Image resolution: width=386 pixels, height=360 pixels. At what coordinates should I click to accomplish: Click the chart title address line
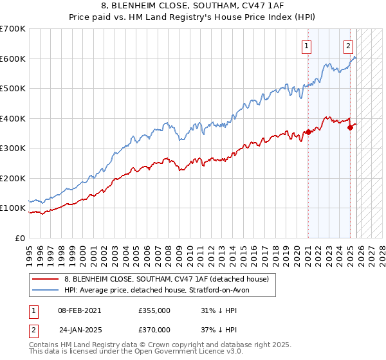[193, 6]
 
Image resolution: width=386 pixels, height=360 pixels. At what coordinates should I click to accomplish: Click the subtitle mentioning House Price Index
[193, 17]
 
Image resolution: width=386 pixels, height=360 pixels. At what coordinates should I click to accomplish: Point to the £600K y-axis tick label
[13, 59]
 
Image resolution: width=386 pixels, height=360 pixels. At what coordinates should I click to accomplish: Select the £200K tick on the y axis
[13, 178]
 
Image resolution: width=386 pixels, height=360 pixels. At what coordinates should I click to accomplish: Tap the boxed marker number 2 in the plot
[348, 46]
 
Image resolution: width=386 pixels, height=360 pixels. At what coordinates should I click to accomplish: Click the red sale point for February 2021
[308, 132]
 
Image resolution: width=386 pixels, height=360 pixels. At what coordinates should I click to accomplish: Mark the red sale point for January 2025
[351, 127]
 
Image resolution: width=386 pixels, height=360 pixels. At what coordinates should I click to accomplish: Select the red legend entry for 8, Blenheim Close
[170, 278]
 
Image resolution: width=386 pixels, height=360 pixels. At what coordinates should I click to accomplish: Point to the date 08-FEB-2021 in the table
[79, 310]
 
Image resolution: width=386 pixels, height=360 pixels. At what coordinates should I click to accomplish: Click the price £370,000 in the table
[154, 329]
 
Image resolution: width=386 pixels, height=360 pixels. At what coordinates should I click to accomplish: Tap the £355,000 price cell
[154, 310]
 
